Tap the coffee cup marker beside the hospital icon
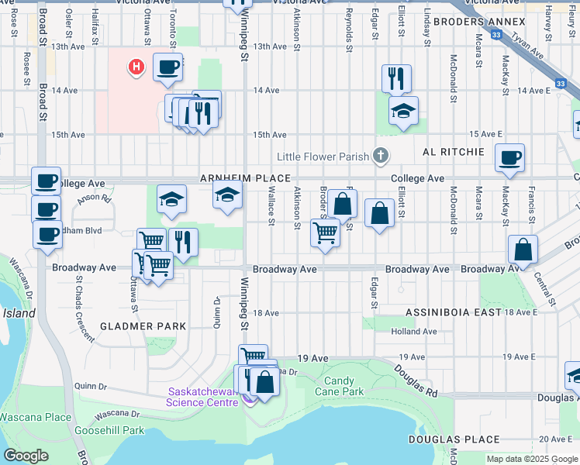tap(167, 68)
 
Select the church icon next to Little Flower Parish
tap(380, 157)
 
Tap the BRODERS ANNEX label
tap(470, 21)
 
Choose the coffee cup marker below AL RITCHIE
tap(509, 159)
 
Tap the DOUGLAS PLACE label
tap(454, 439)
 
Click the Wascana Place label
tap(36, 417)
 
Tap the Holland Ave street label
tap(414, 331)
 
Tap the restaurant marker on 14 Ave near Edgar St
tap(396, 79)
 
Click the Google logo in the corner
tap(26, 456)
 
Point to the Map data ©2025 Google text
tap(532, 459)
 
